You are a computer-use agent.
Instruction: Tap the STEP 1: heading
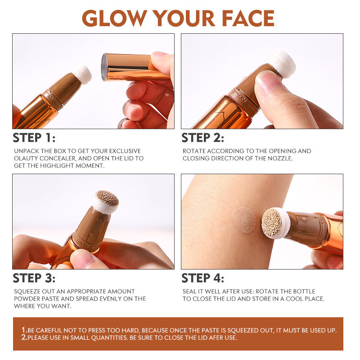pos(34,138)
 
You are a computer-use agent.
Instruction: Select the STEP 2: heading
pos(202,138)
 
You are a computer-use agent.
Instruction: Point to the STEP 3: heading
pos(34,278)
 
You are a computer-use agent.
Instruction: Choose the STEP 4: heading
pos(202,278)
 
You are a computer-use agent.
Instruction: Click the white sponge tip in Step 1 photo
pos(82,74)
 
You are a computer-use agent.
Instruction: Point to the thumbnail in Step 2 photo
pos(269,81)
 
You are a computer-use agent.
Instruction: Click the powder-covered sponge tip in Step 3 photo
pos(107,201)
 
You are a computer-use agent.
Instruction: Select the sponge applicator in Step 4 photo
pos(274,222)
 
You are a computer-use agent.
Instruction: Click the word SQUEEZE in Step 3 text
pos(27,292)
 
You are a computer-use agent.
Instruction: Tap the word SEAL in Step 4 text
pos(189,292)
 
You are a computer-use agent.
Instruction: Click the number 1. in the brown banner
pos(24,330)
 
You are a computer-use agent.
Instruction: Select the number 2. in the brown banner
pos(24,337)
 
